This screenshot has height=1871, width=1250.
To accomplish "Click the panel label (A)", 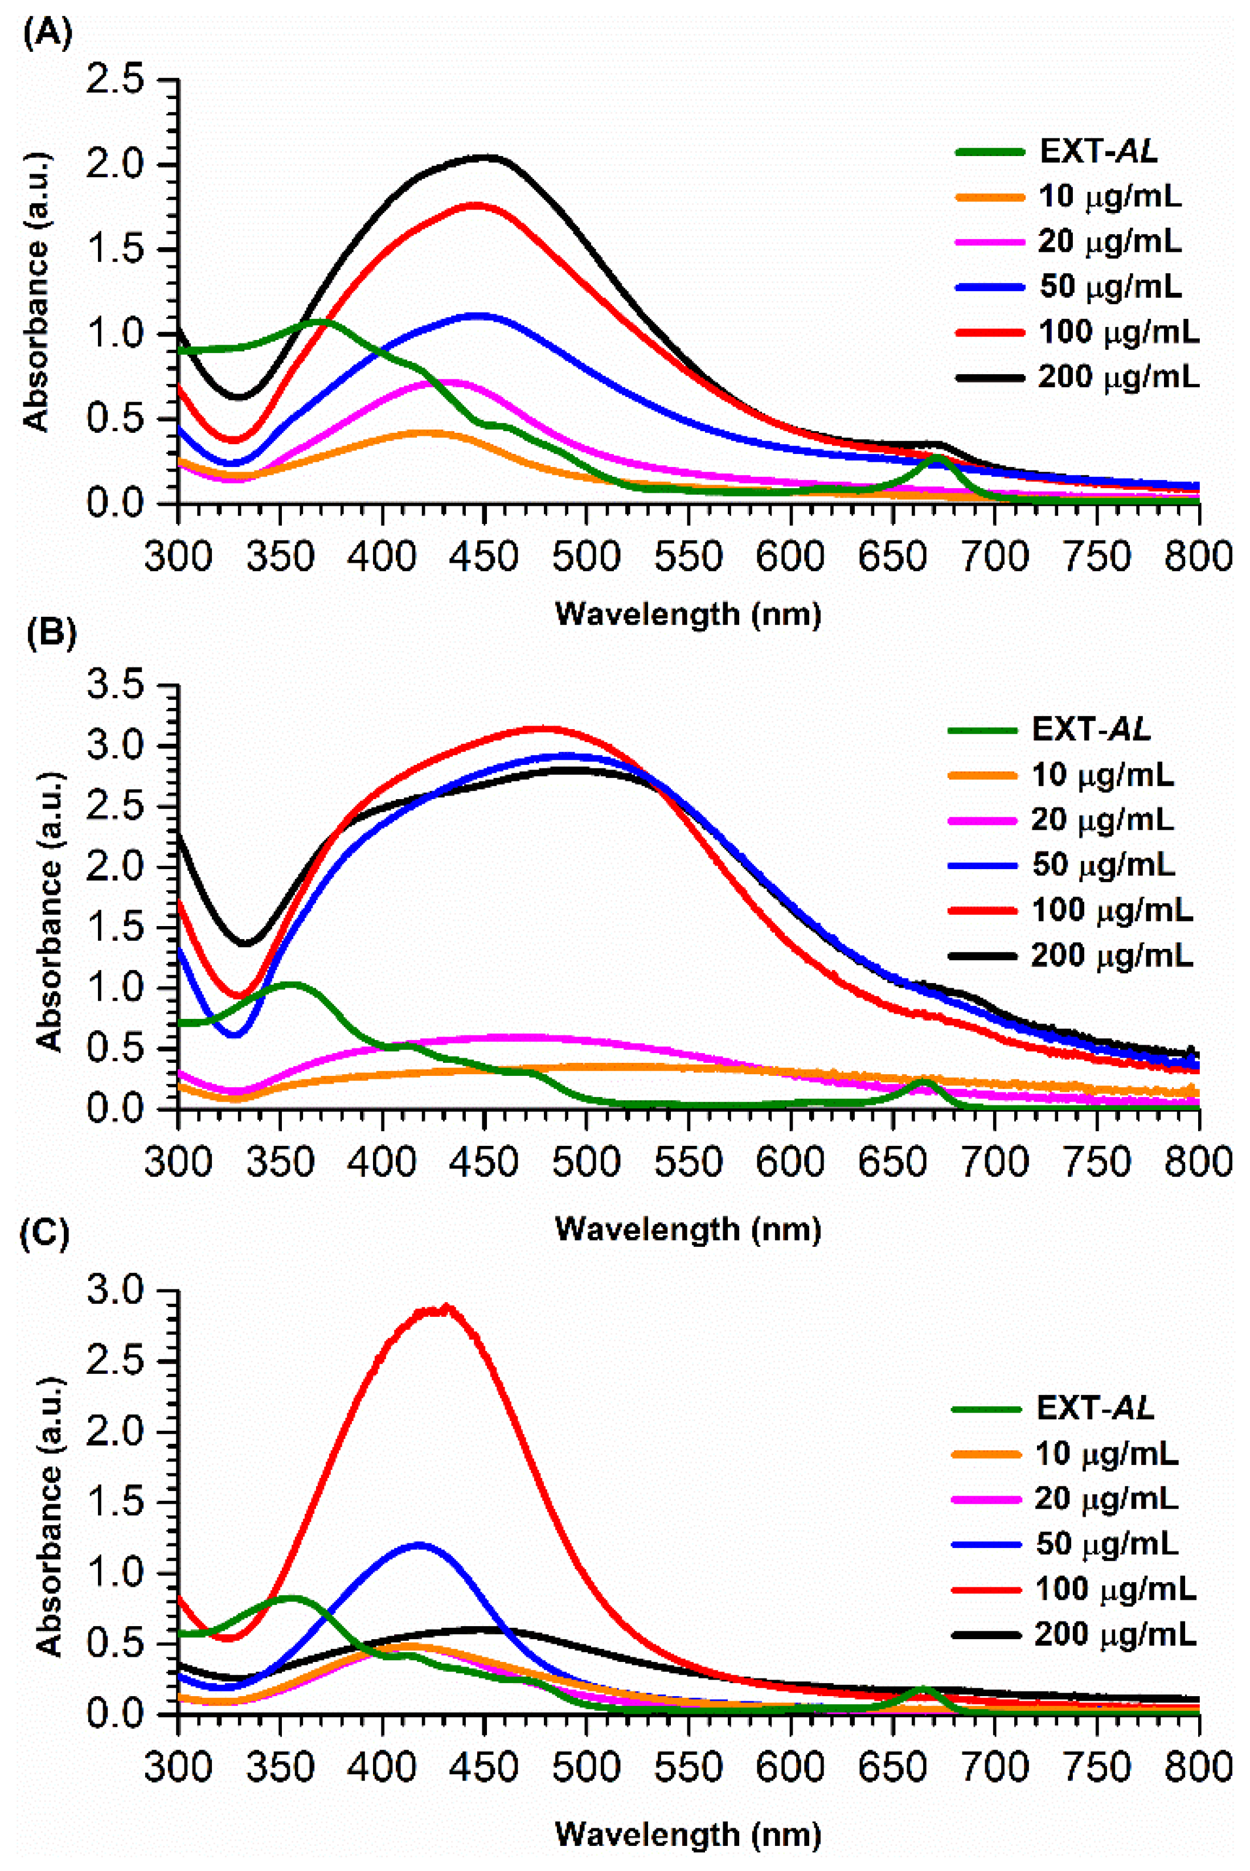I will [48, 35].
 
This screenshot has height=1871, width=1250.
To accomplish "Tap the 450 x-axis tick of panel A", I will [484, 556].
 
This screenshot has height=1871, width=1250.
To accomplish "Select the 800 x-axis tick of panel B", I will [1198, 1161].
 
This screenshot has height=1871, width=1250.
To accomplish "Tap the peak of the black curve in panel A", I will [486, 157].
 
